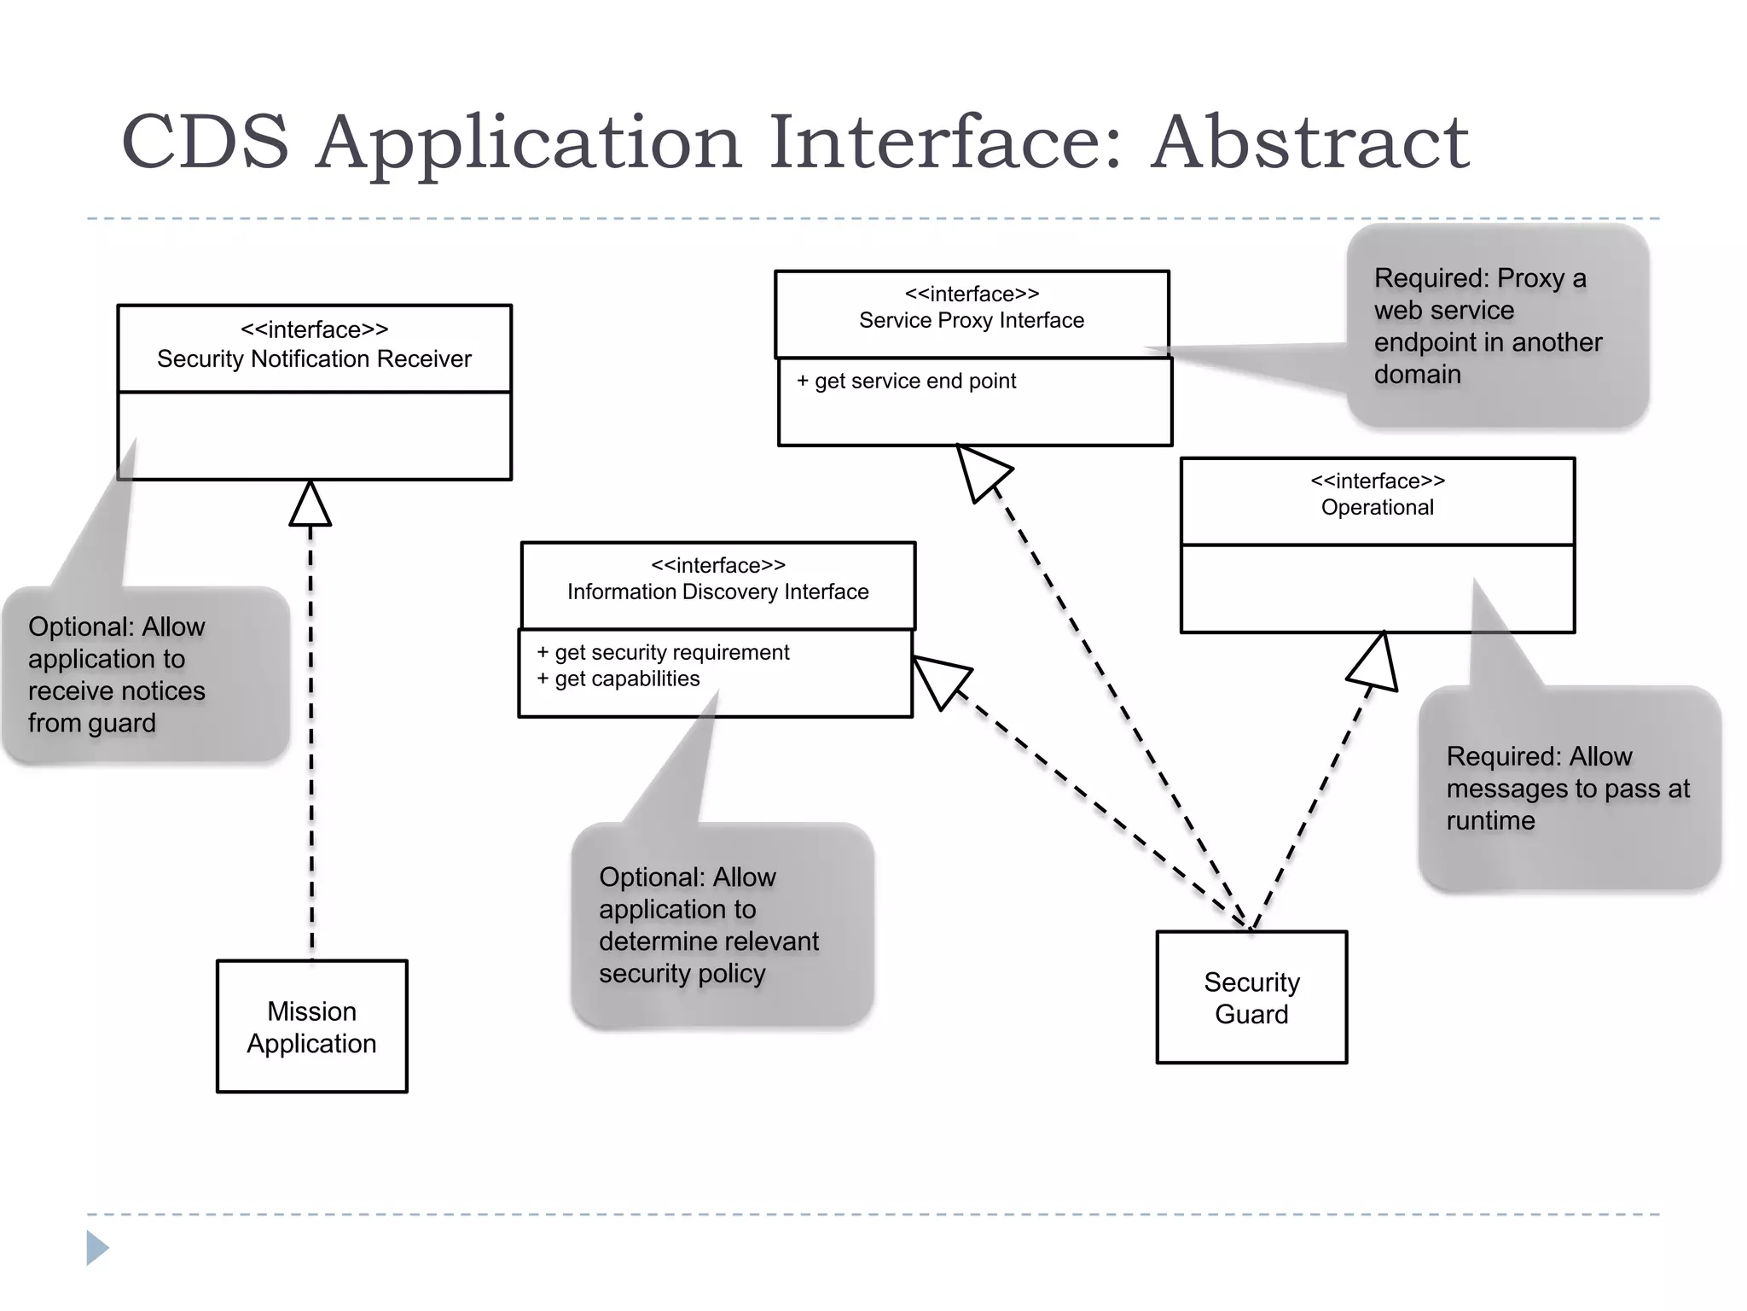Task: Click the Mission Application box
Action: pyautogui.click(x=311, y=1027)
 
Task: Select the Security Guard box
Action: pyautogui.click(x=1251, y=998)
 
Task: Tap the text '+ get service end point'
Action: pyautogui.click(x=906, y=382)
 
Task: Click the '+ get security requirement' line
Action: pyautogui.click(x=663, y=653)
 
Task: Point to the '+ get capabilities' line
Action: pyautogui.click(x=618, y=679)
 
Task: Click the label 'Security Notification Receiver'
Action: pyautogui.click(x=314, y=359)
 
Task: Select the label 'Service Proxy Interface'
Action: pyautogui.click(x=972, y=321)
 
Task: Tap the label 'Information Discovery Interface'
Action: pyautogui.click(x=717, y=592)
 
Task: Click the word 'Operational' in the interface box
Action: pyautogui.click(x=1377, y=508)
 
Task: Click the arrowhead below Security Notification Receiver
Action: pyautogui.click(x=310, y=505)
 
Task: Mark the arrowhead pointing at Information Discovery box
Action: pyautogui.click(x=937, y=680)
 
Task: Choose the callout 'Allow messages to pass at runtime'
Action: pyautogui.click(x=1568, y=788)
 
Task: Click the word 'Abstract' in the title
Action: pyautogui.click(x=1309, y=143)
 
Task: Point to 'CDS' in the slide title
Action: pyautogui.click(x=206, y=143)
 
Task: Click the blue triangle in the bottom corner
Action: pyautogui.click(x=96, y=1248)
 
